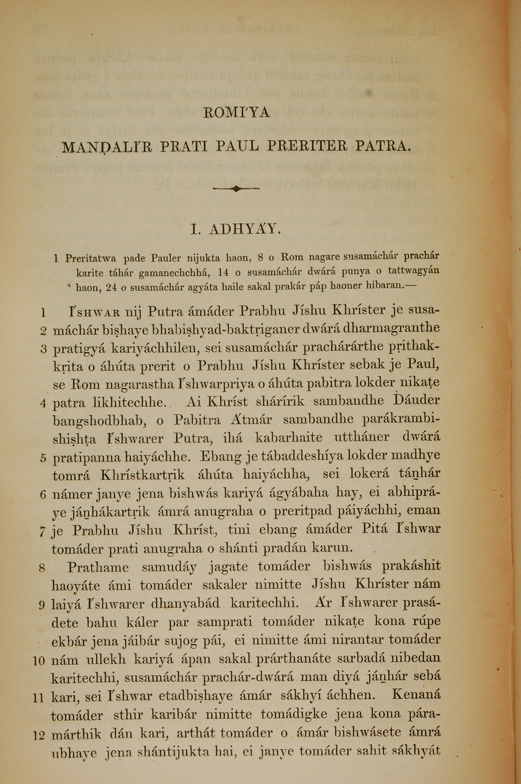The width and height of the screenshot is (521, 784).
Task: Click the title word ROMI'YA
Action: [236, 113]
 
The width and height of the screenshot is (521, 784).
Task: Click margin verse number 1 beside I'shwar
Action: [43, 313]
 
